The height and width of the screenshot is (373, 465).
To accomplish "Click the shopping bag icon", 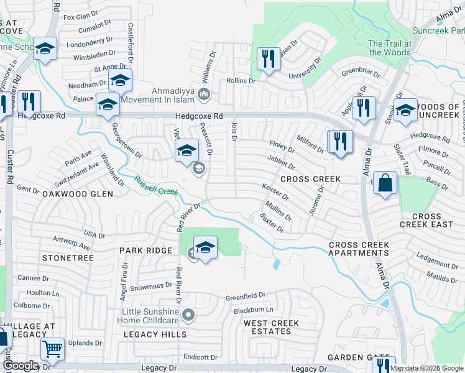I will (385, 183).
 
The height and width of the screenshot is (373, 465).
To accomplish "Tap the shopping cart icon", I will (53, 349).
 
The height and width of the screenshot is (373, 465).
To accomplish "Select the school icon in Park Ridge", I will (205, 247).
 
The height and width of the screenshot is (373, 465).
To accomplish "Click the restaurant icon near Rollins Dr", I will (269, 59).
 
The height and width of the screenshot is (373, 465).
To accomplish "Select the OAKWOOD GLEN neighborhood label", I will (78, 194).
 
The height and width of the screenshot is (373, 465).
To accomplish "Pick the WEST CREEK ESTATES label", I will (271, 327).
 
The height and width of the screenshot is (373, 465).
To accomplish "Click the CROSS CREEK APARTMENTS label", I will (359, 249).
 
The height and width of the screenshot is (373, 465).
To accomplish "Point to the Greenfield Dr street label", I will (245, 295).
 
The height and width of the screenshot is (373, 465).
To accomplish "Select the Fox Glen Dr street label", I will (81, 15).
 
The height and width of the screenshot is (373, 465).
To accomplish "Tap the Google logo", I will (21, 366).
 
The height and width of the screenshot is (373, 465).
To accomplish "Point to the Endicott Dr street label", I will (201, 357).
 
